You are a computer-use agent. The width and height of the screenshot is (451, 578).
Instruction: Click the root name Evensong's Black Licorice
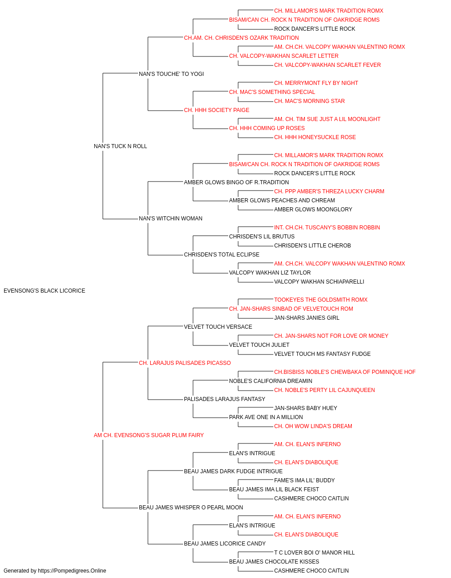click(x=44, y=291)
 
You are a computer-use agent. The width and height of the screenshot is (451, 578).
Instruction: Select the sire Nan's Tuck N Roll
click(x=120, y=146)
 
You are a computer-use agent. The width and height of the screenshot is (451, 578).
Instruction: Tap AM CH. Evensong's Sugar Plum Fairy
click(x=149, y=435)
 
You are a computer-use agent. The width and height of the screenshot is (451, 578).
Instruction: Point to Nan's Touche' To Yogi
click(x=171, y=74)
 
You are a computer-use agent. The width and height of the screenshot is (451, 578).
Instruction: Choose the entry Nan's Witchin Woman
click(x=170, y=219)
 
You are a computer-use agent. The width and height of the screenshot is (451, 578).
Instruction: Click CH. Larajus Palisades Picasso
click(x=184, y=363)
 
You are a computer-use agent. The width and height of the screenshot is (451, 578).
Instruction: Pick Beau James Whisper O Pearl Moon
click(x=191, y=508)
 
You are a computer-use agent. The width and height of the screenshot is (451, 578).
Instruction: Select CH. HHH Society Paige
click(x=216, y=110)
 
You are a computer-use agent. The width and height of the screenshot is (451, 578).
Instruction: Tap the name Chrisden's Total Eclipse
click(x=221, y=255)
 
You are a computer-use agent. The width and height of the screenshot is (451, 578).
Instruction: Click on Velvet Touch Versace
click(x=218, y=327)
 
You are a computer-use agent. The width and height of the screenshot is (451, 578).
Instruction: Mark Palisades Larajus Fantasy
click(x=225, y=399)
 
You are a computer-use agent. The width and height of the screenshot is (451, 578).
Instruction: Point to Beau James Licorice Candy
click(x=225, y=544)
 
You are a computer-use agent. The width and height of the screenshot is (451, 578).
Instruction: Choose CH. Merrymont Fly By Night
click(x=316, y=83)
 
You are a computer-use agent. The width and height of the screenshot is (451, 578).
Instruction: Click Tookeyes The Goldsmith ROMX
click(x=321, y=300)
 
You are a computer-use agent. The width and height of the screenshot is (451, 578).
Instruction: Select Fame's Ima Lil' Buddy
click(x=304, y=480)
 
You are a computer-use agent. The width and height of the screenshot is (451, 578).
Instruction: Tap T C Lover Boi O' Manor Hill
click(x=314, y=553)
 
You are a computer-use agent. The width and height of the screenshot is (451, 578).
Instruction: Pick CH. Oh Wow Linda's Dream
click(x=313, y=426)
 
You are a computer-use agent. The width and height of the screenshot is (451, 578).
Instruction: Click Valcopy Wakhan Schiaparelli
click(x=319, y=282)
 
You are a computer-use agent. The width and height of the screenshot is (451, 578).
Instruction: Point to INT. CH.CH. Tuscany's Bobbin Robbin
click(x=327, y=228)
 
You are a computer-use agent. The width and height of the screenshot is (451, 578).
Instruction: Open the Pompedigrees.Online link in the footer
click(x=72, y=571)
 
